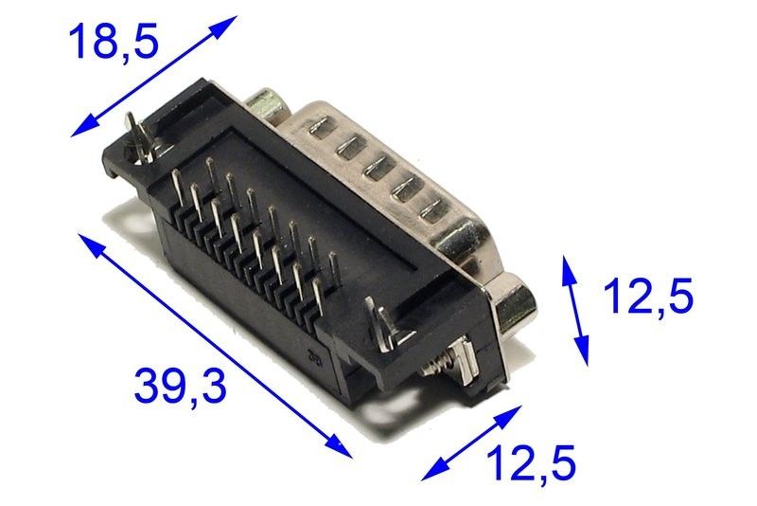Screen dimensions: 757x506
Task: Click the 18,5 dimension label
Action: [114, 43]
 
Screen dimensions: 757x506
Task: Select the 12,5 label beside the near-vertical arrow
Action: [648, 295]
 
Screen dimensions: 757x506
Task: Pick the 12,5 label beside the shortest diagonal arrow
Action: [531, 462]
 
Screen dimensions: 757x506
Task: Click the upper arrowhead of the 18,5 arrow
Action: [224, 25]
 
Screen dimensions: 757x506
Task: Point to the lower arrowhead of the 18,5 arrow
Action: [83, 128]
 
